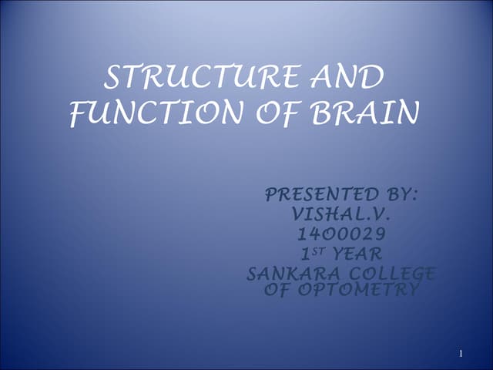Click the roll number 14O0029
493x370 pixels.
pyautogui.click(x=341, y=234)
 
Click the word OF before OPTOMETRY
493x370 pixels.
pyautogui.click(x=276, y=289)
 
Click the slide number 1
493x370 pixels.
pyautogui.click(x=460, y=354)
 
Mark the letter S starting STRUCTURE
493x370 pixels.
pyautogui.click(x=112, y=79)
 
